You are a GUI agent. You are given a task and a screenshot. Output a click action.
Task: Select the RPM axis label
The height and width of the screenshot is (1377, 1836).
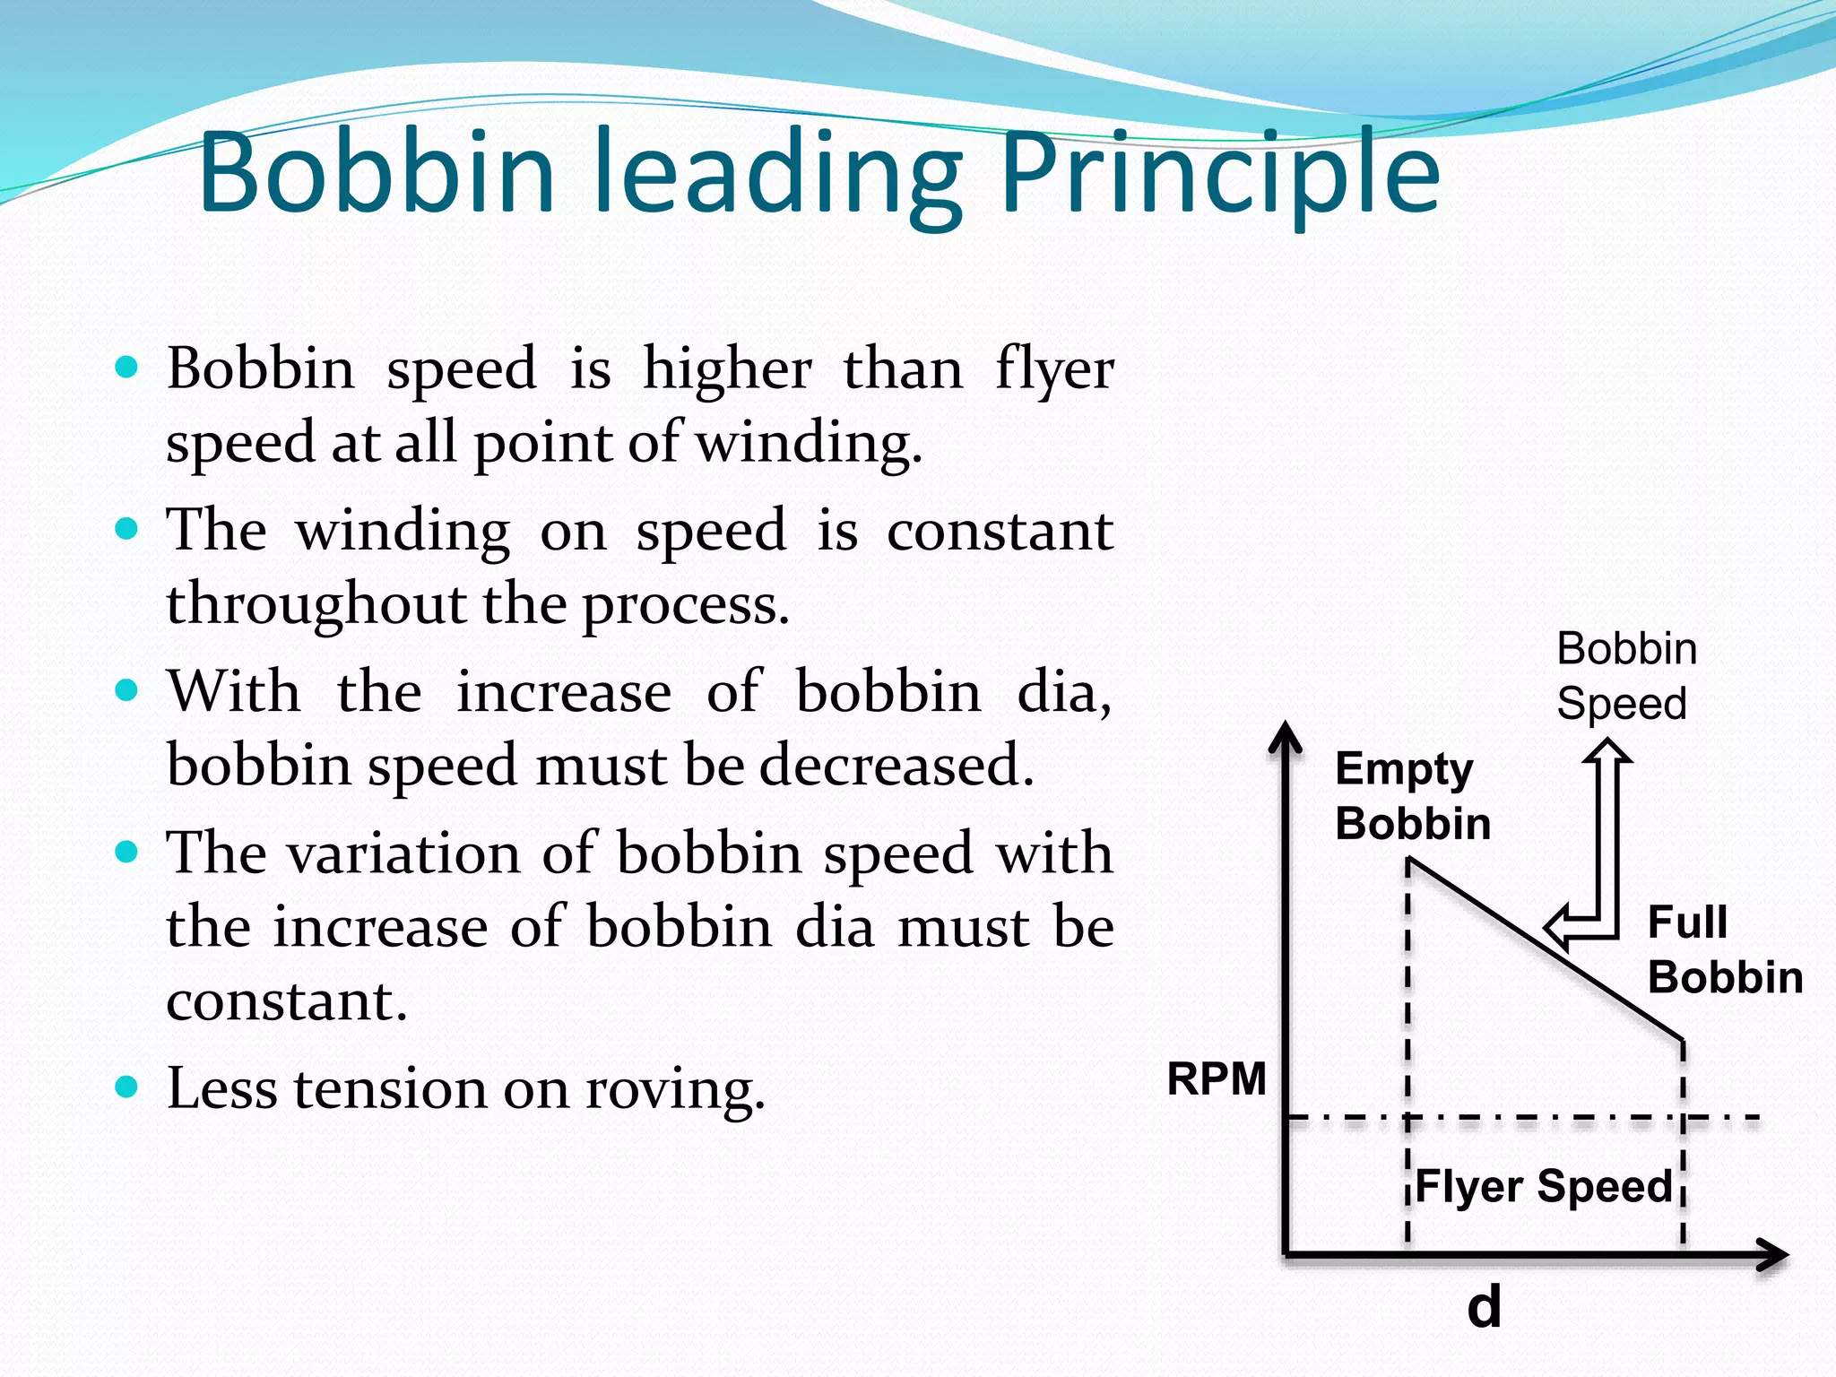(x=1216, y=1078)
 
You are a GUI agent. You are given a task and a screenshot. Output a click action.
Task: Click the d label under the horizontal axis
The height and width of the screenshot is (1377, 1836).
(x=1484, y=1307)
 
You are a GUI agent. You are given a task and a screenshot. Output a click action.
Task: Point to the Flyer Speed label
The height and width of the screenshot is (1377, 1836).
(x=1544, y=1187)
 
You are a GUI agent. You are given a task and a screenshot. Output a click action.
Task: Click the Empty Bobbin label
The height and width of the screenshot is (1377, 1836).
(x=1412, y=796)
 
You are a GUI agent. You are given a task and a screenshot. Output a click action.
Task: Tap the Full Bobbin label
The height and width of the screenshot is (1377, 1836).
(x=1724, y=950)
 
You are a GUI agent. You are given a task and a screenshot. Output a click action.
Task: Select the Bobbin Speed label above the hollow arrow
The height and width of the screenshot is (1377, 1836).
(x=1626, y=676)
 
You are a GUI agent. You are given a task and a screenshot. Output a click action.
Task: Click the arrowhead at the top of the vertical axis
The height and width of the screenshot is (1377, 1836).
(x=1286, y=737)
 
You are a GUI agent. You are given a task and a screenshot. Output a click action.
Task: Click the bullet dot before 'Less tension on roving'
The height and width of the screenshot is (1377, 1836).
(x=127, y=1087)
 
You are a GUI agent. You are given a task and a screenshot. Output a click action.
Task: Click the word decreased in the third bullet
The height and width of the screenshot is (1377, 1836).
(x=896, y=766)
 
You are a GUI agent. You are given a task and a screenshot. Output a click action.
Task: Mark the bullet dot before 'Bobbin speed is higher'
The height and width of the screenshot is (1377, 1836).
(x=127, y=367)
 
